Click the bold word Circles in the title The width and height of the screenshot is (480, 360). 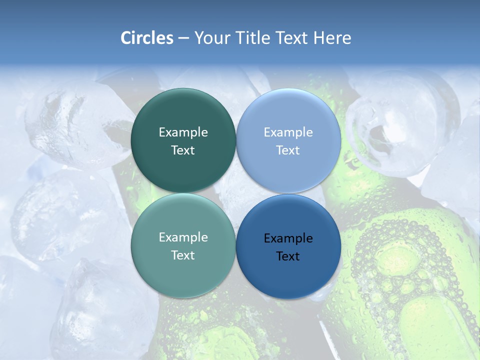point(147,38)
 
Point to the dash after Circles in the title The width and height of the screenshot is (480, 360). point(183,38)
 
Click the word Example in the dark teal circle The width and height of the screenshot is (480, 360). point(183,132)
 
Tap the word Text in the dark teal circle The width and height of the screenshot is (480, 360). point(183,150)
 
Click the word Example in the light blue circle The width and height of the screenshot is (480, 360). point(288,132)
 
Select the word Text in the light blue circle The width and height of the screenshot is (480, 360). point(288,150)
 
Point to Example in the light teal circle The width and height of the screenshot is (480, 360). point(183,237)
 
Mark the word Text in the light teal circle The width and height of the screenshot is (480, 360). point(183,255)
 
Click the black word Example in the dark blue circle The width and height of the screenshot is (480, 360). point(288,238)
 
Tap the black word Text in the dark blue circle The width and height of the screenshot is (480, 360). point(288,256)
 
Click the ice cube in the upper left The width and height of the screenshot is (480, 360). point(70,120)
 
